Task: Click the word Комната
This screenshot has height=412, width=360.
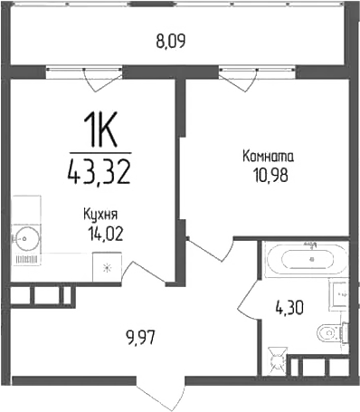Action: pyautogui.click(x=268, y=157)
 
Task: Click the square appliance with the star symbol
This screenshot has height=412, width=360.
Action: pyautogui.click(x=107, y=267)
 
